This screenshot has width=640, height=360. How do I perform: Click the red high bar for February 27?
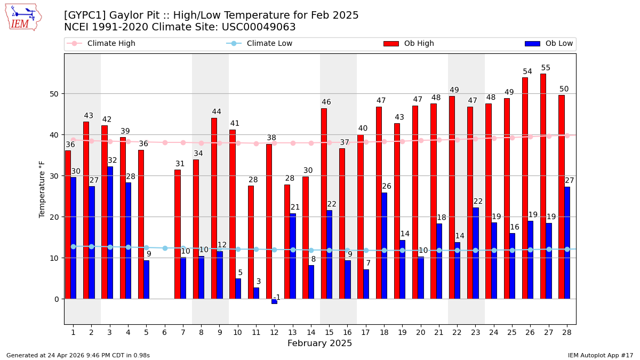click(543, 187)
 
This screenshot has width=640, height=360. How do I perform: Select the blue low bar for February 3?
click(110, 233)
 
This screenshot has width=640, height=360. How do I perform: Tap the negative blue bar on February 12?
click(274, 301)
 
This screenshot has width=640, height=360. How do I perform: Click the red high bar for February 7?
click(177, 234)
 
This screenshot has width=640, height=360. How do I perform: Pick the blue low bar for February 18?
click(384, 245)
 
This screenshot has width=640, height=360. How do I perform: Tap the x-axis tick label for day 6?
click(165, 332)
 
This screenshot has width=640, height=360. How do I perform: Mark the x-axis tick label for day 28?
click(567, 332)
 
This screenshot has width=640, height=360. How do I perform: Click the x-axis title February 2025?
click(319, 343)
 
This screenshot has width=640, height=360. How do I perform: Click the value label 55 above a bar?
click(546, 68)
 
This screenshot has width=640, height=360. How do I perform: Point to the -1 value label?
click(277, 298)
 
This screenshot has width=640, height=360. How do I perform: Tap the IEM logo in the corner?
click(23, 17)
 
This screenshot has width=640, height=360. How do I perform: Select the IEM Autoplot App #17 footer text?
click(600, 355)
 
